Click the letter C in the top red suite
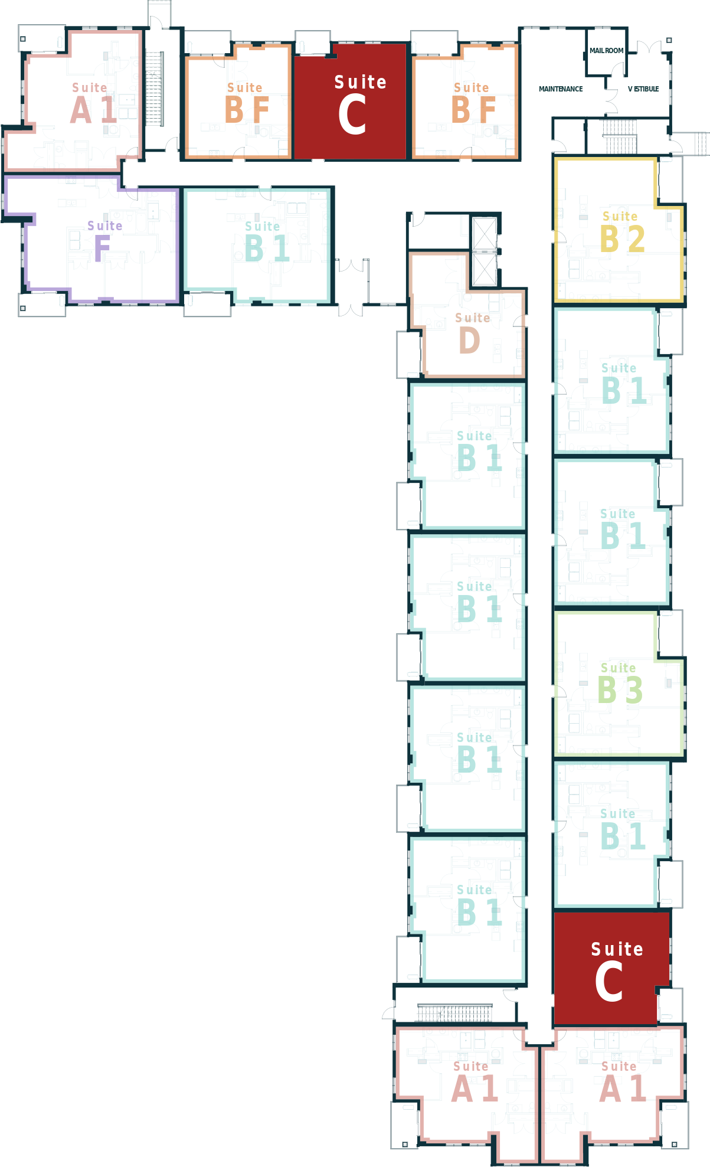point(352,116)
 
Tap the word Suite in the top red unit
point(361,82)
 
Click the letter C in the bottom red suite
point(609,982)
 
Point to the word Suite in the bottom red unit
point(617,949)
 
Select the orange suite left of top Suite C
point(238,100)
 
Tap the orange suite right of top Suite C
point(465,100)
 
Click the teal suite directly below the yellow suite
point(611,381)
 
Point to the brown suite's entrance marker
point(529,321)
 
